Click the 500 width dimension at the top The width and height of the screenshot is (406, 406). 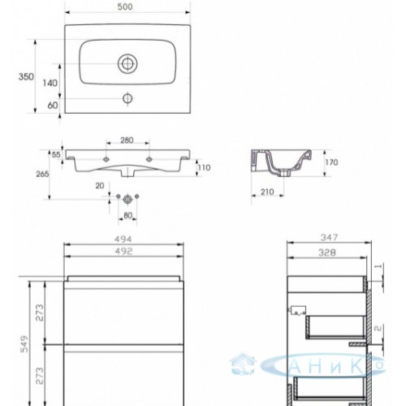click(x=125, y=6)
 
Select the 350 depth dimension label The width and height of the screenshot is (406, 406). click(x=26, y=77)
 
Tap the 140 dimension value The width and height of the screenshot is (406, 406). click(x=50, y=83)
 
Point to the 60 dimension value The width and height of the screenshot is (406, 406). click(x=53, y=105)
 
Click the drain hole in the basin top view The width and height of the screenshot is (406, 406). click(x=127, y=63)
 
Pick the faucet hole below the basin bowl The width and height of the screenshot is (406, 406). click(x=127, y=98)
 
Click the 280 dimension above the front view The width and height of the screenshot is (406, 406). click(x=127, y=140)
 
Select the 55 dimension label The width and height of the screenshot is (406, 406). click(x=56, y=154)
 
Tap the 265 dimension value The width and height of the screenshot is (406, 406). click(x=42, y=174)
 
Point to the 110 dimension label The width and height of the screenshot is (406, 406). click(x=204, y=167)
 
